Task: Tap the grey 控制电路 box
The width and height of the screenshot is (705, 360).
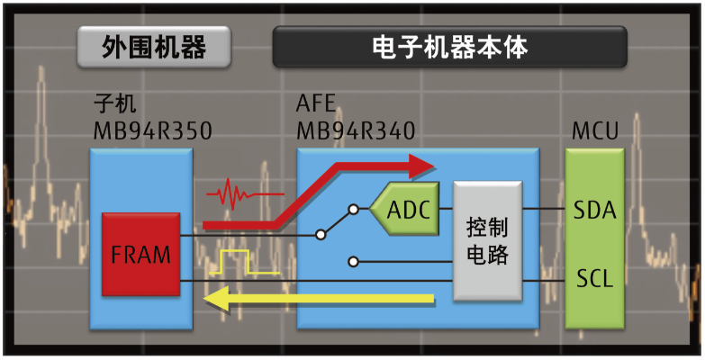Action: (487, 240)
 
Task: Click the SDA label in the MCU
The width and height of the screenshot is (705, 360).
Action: (593, 211)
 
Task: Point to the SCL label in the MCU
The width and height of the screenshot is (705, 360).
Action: (593, 278)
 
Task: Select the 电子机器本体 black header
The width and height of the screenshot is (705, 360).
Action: (449, 47)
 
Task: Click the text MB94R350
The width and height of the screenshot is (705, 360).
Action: (152, 131)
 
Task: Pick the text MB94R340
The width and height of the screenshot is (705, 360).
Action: (356, 131)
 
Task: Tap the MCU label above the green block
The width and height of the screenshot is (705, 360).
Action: (595, 131)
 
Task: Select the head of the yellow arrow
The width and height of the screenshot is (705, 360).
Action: (217, 300)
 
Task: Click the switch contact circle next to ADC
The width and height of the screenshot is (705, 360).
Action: (354, 210)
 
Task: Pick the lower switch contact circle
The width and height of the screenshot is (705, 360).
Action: (354, 262)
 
